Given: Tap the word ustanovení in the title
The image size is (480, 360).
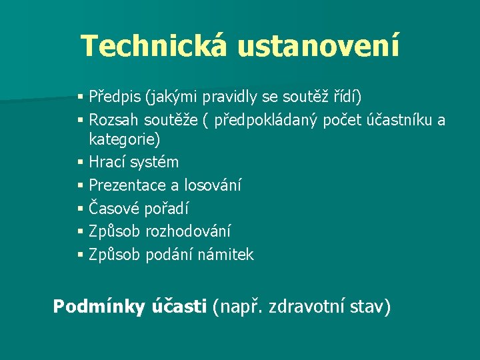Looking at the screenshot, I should pos(318,46).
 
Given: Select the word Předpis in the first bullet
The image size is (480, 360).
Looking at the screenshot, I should pos(115,98).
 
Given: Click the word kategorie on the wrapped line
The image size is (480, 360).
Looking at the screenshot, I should pos(125,140).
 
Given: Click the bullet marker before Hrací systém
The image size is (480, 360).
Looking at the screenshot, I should pos(81,163).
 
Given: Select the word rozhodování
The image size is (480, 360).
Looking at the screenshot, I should pos(189,231).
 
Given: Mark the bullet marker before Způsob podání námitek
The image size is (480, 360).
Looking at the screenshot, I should pos(81,255).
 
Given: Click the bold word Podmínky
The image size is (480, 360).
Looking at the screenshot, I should pos(98,307).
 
